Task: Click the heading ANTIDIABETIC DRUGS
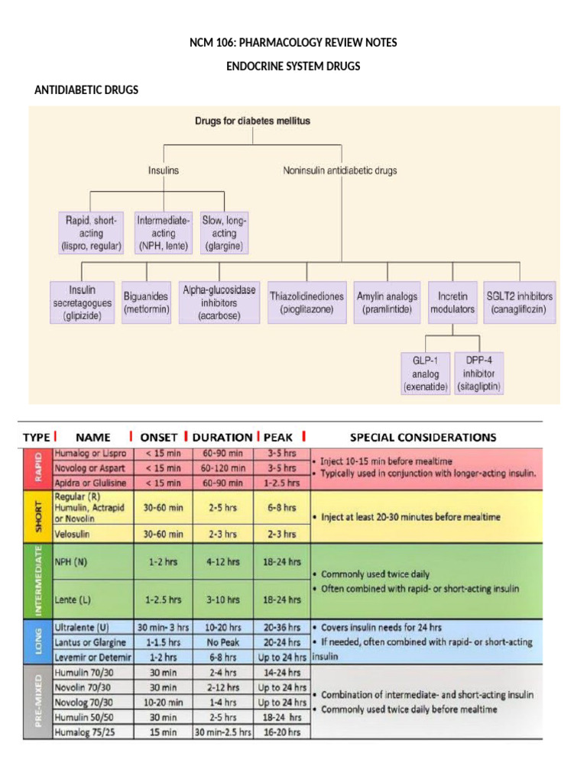click(x=87, y=90)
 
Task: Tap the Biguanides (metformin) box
click(x=146, y=302)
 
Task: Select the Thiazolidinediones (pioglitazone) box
click(x=306, y=302)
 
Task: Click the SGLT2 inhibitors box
click(x=520, y=302)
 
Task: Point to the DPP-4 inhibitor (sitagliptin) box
click(x=478, y=373)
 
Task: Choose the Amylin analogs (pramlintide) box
click(x=387, y=302)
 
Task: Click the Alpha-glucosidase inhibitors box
click(x=218, y=302)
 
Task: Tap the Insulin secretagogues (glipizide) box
click(x=82, y=302)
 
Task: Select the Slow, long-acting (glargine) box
click(x=224, y=233)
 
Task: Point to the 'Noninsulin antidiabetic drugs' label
click(x=340, y=171)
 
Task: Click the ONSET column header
click(x=159, y=438)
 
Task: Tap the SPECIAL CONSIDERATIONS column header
click(x=423, y=438)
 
